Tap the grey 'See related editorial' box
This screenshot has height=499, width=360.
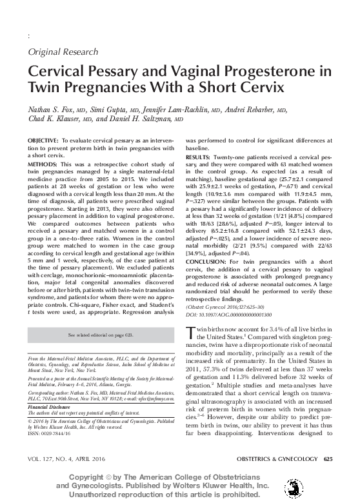pyautogui.click(x=101, y=336)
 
